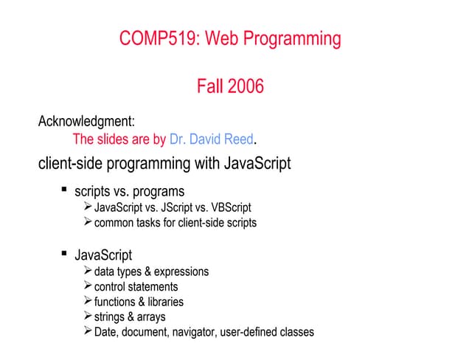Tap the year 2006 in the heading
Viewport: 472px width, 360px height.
click(246, 87)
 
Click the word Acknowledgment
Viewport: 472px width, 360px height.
click(86, 120)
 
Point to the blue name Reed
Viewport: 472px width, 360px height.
click(235, 139)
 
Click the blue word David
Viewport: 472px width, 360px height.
click(200, 139)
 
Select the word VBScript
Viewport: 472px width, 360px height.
click(229, 207)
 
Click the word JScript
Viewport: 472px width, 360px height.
click(174, 207)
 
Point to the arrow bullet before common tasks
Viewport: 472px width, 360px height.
click(88, 222)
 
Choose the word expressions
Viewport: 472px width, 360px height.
click(181, 271)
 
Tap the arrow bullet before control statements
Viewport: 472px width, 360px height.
click(88, 286)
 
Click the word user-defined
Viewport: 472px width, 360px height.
click(249, 332)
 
